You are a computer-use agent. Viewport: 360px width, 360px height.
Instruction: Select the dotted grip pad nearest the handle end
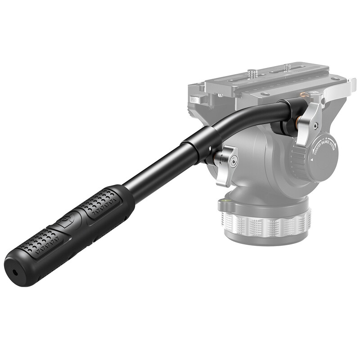tap(44, 243)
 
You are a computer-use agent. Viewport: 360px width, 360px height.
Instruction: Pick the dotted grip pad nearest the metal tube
tap(100, 202)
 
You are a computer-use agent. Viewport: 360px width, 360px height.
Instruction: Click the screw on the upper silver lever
tap(316, 125)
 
